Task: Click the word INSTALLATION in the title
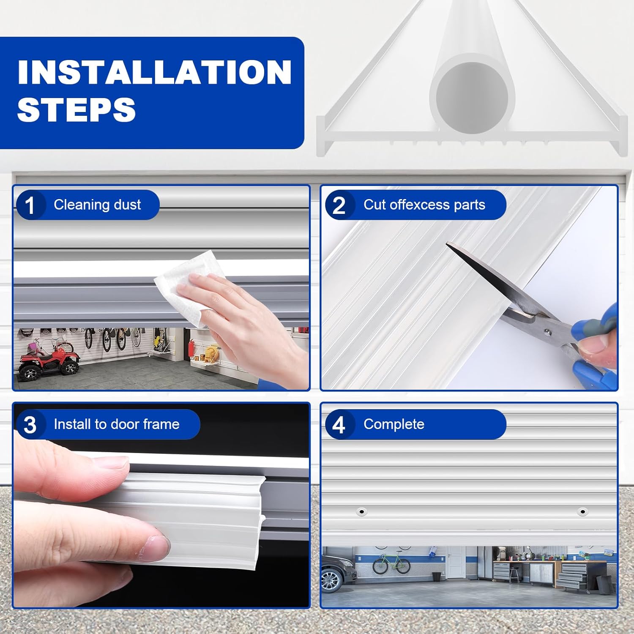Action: coord(154,72)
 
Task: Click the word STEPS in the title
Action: coord(77,109)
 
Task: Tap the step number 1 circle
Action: coord(30,205)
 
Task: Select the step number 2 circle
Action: coord(339,205)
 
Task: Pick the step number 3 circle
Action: coord(30,425)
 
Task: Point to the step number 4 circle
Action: coord(339,425)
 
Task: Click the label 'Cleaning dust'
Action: coord(97,205)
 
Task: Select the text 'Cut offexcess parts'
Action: coord(424,205)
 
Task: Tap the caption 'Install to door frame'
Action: coord(116,424)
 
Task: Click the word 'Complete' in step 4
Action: coord(394,424)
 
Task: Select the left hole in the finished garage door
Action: coord(361,512)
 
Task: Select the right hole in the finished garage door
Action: coord(582,512)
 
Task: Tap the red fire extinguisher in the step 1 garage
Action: coord(191,347)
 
